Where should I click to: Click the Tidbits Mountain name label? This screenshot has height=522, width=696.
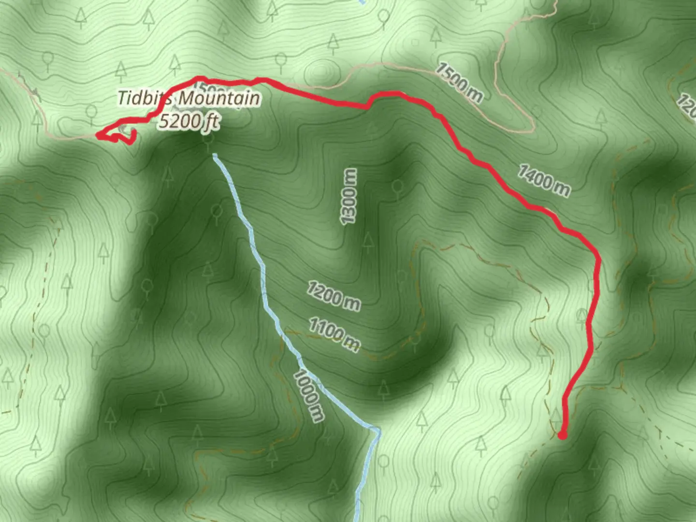[x=189, y=99]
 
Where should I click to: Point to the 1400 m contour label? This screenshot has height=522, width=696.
[x=544, y=181]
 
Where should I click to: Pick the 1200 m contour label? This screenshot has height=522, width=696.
[x=333, y=296]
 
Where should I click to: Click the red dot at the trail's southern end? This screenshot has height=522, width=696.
[x=562, y=435]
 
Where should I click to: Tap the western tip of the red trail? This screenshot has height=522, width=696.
[x=98, y=135]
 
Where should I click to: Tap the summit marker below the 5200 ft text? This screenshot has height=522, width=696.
[x=208, y=139]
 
